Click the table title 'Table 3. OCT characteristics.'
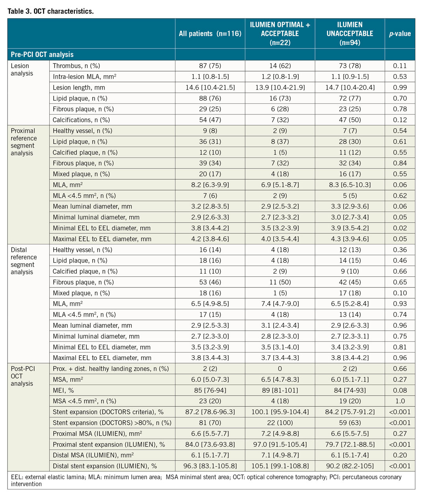[x=50, y=11]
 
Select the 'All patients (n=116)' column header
[x=210, y=34]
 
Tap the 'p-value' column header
[x=400, y=34]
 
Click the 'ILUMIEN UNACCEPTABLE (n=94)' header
[x=350, y=34]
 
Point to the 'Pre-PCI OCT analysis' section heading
[x=42, y=54]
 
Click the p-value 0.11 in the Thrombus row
[x=400, y=66]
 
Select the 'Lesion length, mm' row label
[x=79, y=88]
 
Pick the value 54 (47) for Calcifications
[x=210, y=120]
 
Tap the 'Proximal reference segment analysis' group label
[x=24, y=142]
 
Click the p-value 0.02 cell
[x=400, y=228]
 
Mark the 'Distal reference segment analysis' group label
[x=24, y=261]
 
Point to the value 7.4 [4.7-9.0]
[x=280, y=304]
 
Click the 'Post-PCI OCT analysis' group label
[x=23, y=376]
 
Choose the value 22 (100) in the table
[x=280, y=423]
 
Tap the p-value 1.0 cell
[x=400, y=401]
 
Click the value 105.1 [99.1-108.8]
[x=280, y=466]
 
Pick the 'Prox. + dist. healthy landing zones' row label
[x=111, y=369]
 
